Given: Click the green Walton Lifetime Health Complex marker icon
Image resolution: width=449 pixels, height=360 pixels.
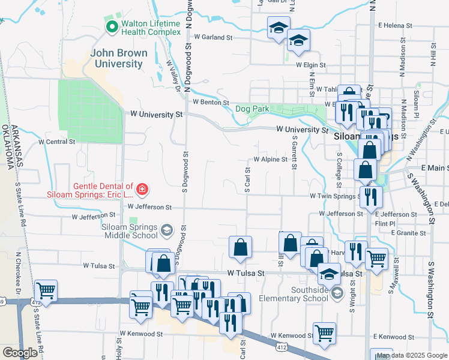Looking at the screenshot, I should tap(112, 27).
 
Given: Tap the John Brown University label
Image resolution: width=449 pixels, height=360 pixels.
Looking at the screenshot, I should tap(119, 58).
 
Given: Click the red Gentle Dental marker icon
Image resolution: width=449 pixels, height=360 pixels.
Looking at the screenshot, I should tap(142, 190).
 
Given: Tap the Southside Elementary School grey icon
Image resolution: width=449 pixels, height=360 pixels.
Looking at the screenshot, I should tap(337, 293).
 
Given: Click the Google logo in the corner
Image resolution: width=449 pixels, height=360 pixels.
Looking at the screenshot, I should tap(20, 353).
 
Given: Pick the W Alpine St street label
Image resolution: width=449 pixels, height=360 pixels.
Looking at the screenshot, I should tap(270, 160).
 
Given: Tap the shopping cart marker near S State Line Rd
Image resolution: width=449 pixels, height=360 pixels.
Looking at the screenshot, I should tap(46, 290).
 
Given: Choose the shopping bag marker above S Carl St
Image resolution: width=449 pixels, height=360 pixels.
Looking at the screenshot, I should tap(240, 247).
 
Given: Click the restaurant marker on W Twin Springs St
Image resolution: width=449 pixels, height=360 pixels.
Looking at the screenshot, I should tap(370, 196).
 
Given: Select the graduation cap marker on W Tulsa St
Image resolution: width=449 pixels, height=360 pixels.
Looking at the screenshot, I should tap(329, 274).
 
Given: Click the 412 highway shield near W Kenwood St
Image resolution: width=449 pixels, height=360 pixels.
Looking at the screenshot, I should tap(281, 346).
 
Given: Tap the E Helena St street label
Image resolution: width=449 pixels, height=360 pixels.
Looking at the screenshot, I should tap(397, 25).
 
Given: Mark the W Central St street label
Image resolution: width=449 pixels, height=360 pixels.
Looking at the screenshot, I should tap(56, 142).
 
